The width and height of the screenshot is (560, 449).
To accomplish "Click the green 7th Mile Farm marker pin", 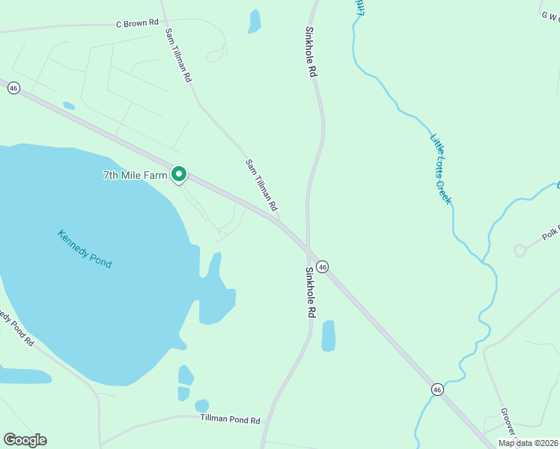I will [179, 174].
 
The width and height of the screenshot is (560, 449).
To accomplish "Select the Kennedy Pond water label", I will [84, 248].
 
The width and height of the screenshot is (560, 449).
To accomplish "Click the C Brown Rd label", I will [137, 23].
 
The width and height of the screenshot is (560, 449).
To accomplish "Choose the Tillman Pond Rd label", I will [230, 421].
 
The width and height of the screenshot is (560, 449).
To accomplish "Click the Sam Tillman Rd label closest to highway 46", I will [261, 184].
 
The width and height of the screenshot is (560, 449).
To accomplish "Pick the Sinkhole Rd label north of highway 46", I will [311, 53].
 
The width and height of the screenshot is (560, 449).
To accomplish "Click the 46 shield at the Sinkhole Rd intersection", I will [322, 266].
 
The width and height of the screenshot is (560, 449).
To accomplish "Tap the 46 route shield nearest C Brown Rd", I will [13, 88].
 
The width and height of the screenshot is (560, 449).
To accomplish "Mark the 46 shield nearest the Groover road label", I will [436, 389].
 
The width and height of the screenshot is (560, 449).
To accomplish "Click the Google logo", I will [25, 440].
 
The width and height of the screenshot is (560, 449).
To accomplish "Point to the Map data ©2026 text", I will [527, 442].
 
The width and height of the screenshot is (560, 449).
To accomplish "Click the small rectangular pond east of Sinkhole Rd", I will [328, 336].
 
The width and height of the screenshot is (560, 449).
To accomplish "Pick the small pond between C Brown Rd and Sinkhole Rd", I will [255, 21].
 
